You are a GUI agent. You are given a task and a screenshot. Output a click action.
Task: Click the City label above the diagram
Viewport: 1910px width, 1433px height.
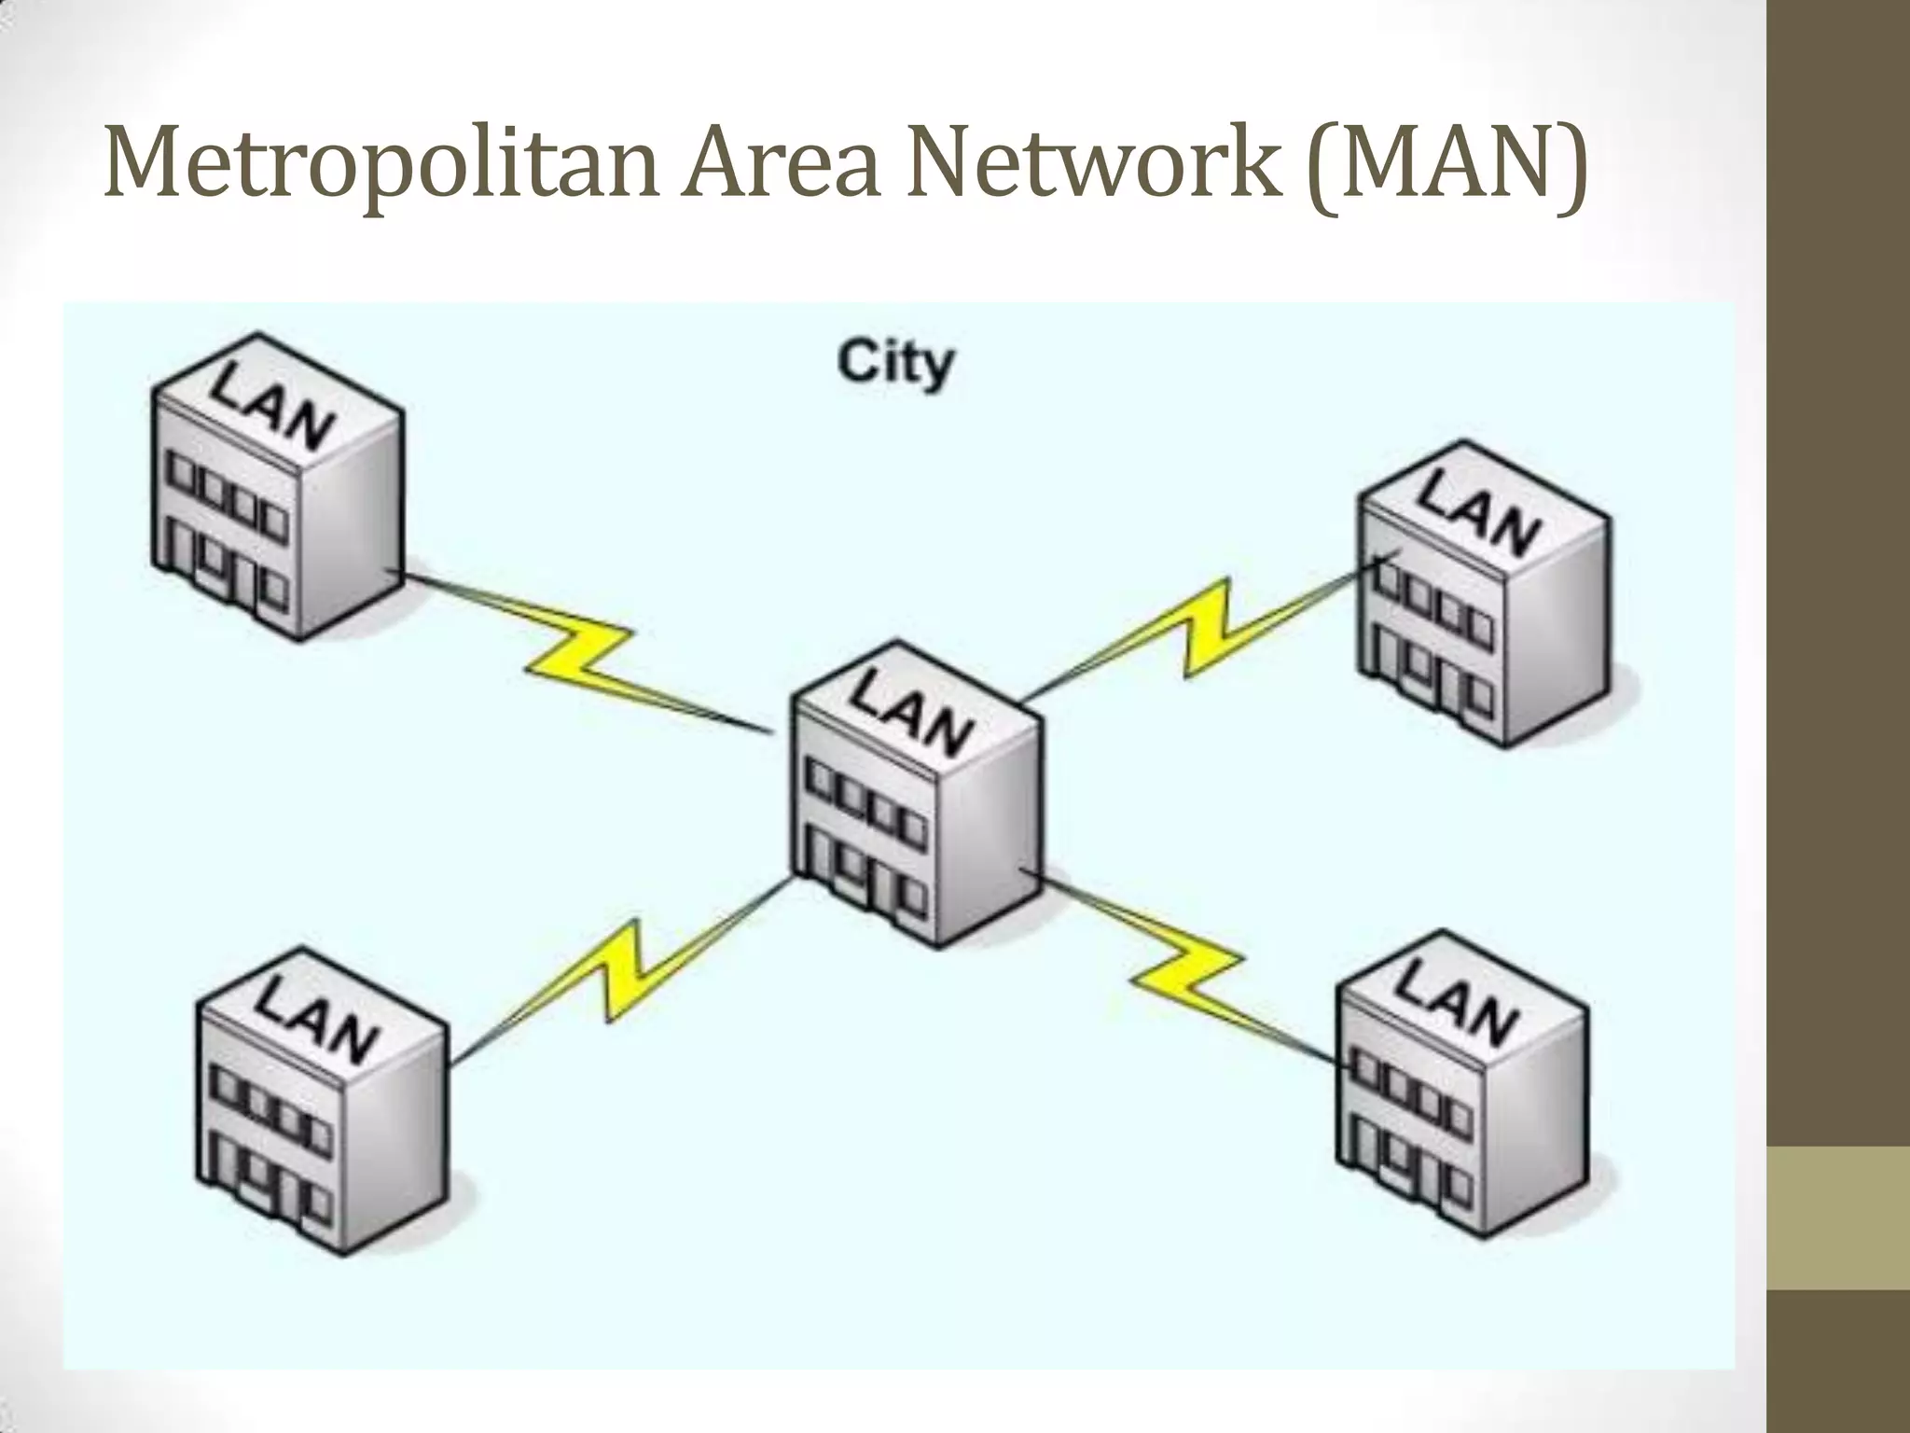(x=895, y=364)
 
